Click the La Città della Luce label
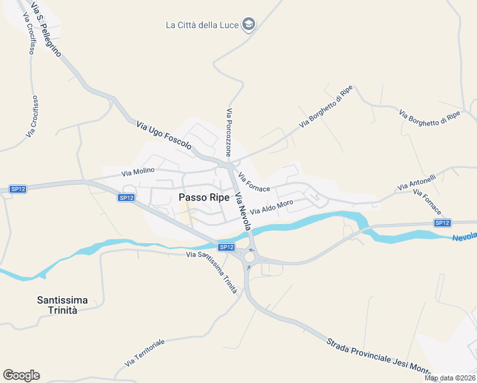click(202, 26)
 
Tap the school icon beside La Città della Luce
click(249, 25)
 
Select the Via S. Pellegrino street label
click(45, 29)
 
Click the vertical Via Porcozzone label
click(228, 132)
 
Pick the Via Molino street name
click(138, 171)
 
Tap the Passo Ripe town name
click(204, 197)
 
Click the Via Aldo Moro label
click(272, 207)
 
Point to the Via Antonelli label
click(416, 182)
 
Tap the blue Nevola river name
click(465, 237)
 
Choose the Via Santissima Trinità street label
click(212, 272)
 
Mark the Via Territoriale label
click(145, 352)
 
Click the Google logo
click(21, 375)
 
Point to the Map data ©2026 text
click(450, 378)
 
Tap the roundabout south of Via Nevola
click(249, 257)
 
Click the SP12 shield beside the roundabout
click(226, 247)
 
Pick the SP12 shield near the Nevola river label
click(442, 222)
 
